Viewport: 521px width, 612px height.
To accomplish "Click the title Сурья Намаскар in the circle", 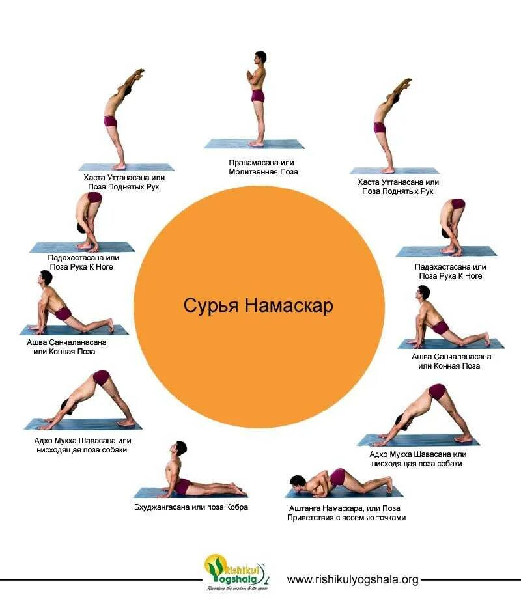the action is [258, 305].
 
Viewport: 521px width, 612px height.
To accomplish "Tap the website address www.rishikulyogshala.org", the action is [352, 579].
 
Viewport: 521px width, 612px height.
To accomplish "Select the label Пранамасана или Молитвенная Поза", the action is [263, 167].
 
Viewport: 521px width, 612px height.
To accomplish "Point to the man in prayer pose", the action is [258, 98].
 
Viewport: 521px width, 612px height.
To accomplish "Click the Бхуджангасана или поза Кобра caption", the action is [191, 507].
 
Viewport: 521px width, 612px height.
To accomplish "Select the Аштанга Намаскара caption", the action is [346, 512].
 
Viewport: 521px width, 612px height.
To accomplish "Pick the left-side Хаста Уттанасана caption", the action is [124, 182].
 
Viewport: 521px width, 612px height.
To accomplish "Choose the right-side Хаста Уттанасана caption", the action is [398, 186].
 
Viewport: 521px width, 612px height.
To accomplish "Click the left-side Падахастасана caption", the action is [84, 262].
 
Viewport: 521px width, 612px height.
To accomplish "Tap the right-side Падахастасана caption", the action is [450, 271].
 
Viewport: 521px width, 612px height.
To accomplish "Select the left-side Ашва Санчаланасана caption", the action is [66, 346].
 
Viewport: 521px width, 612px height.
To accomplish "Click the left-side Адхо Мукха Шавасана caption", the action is [83, 445].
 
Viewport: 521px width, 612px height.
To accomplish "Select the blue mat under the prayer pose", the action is [255, 144].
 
